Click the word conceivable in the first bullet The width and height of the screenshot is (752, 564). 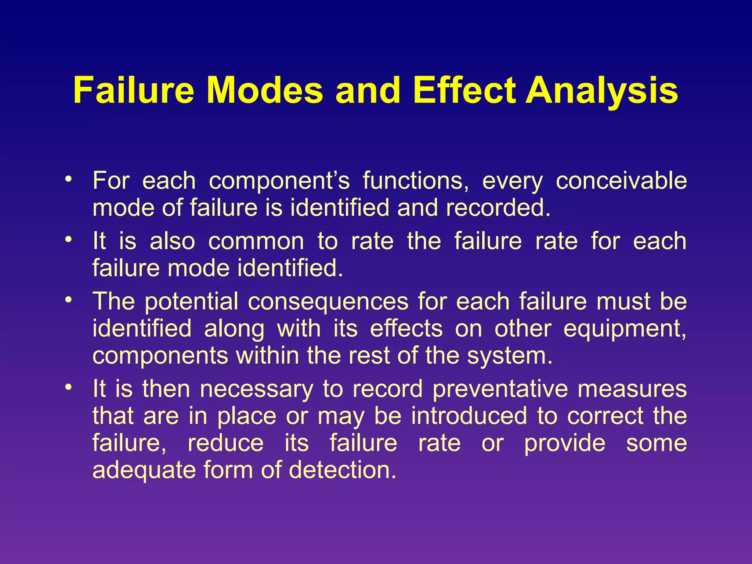click(x=621, y=181)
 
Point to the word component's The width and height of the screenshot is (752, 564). click(x=279, y=181)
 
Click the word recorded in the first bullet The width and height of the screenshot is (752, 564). click(x=498, y=208)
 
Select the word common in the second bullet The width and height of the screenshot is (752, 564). click(x=256, y=242)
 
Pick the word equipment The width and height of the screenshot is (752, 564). click(x=624, y=329)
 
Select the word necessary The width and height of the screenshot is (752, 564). click(x=257, y=389)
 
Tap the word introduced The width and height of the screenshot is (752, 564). click(x=469, y=416)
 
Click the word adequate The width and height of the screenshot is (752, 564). click(x=144, y=470)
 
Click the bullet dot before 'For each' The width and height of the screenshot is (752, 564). click(x=68, y=180)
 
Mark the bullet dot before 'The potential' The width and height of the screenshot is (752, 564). click(x=68, y=300)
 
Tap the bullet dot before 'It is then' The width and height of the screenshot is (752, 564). click(x=68, y=387)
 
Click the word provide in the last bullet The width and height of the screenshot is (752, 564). click(x=564, y=443)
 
